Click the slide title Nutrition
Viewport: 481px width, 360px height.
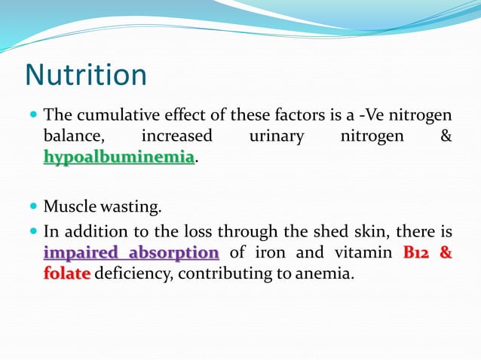[x=85, y=75]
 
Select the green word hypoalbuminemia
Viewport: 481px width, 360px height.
[x=119, y=157]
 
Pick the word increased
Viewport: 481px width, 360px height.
[x=176, y=136]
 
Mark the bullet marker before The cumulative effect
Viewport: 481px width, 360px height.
[x=33, y=115]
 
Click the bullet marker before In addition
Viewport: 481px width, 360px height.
[x=33, y=231]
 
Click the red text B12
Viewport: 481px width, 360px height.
[x=416, y=252]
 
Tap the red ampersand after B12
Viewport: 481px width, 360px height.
[x=446, y=252]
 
